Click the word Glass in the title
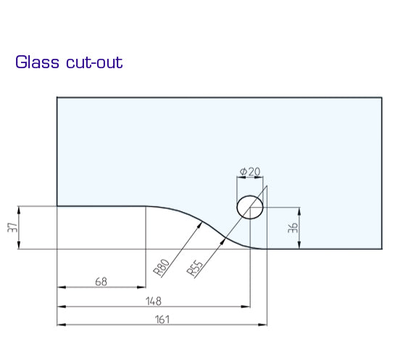(x=36, y=62)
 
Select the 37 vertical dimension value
(x=12, y=228)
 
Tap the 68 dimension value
(x=101, y=281)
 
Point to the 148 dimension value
(x=153, y=300)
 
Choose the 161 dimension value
(x=162, y=318)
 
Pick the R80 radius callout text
(x=162, y=266)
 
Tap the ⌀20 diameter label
(x=249, y=172)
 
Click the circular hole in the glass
(x=250, y=207)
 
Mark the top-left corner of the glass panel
(x=57, y=97)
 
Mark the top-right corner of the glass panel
(x=381, y=97)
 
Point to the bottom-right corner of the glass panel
(x=381, y=249)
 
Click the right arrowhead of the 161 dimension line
(x=265, y=324)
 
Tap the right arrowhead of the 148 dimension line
(x=249, y=306)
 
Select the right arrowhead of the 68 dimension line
(x=145, y=287)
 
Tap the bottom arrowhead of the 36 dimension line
(x=300, y=247)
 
